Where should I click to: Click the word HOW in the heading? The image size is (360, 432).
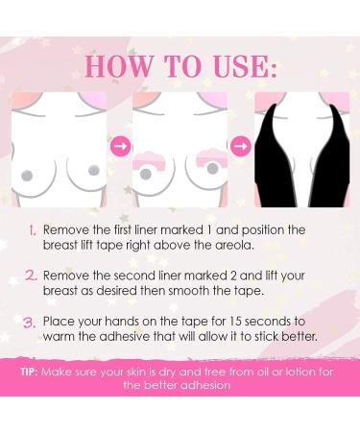click(x=119, y=66)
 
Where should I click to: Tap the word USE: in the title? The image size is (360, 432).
click(x=244, y=66)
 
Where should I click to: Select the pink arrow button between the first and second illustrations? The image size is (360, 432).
click(x=120, y=146)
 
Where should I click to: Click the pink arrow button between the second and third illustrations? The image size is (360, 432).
click(x=240, y=146)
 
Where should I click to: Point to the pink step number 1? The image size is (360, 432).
click(x=32, y=230)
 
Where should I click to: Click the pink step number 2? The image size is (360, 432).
click(x=31, y=276)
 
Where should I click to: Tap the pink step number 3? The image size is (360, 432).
click(x=30, y=323)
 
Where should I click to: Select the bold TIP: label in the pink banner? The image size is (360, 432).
click(x=30, y=372)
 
